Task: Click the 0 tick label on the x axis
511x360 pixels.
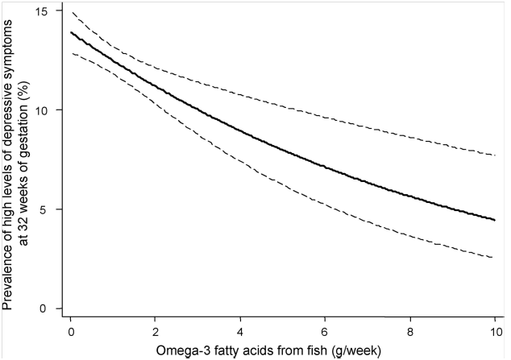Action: click(x=71, y=332)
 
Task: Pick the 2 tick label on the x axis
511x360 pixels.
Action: click(x=156, y=332)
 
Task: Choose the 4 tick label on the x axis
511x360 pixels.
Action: click(x=239, y=332)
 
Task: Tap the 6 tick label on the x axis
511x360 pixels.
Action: click(x=324, y=332)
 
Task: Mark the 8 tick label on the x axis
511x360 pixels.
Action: click(x=409, y=332)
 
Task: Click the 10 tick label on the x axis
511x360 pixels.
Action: click(x=492, y=332)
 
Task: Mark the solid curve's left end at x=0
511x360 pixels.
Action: click(x=71, y=33)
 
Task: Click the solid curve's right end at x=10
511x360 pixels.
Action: click(x=493, y=219)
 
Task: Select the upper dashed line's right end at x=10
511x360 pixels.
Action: click(x=493, y=155)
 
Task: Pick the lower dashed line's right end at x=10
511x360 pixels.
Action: click(x=493, y=258)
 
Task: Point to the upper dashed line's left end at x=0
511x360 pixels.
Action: click(x=71, y=12)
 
